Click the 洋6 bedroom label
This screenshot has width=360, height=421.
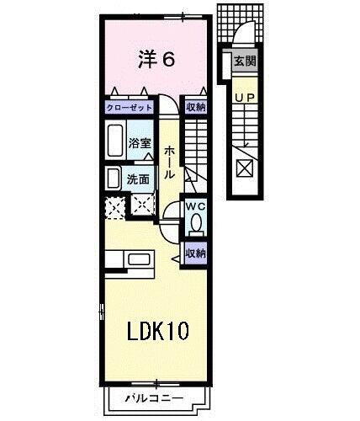(x=156, y=60)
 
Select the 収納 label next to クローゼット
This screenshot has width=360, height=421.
(x=195, y=108)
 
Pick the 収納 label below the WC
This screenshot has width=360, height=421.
(x=195, y=251)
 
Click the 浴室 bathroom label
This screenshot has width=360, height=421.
(x=140, y=144)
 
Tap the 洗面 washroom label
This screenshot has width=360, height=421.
(x=139, y=179)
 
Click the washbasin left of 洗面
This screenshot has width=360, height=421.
(x=114, y=179)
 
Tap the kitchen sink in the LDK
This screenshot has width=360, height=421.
(x=137, y=261)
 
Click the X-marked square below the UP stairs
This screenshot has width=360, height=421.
(x=243, y=169)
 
